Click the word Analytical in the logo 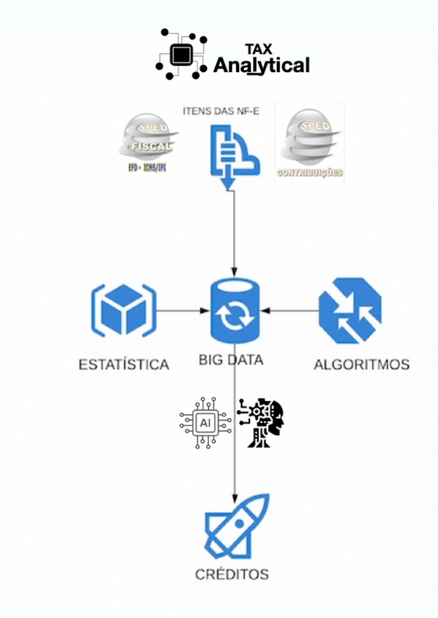coord(261,66)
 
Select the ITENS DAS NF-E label coord(220,110)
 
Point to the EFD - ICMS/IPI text coord(147,168)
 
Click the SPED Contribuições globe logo coord(309,140)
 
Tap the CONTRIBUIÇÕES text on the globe coord(309,173)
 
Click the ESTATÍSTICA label coord(124,364)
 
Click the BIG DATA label coord(231,361)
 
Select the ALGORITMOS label coord(361,364)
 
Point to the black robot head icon coord(262,422)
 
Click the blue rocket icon coord(236,526)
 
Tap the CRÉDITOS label coord(232,574)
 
